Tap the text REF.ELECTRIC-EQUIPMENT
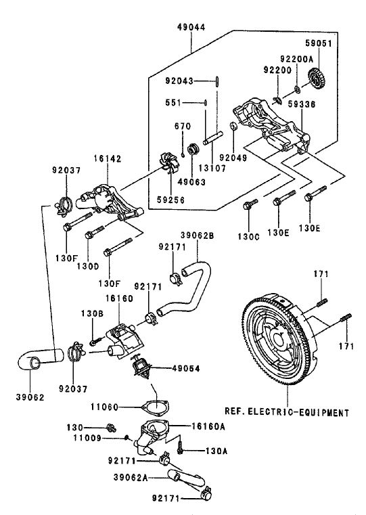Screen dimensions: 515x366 287,411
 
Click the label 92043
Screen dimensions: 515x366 181,81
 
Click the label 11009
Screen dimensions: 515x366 102,437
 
